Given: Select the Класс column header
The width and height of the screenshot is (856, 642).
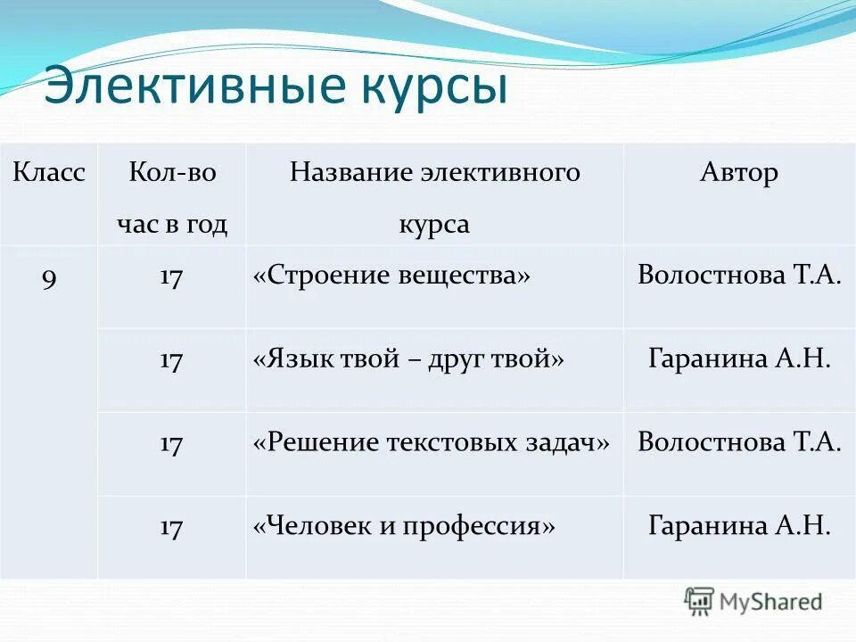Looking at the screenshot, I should [49, 172].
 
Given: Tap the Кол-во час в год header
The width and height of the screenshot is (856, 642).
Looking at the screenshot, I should [172, 198].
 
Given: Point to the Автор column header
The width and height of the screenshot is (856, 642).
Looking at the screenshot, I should [739, 172].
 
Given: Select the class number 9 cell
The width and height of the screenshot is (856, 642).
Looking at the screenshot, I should [49, 277].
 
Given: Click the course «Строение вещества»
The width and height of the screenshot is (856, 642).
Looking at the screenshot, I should [391, 276].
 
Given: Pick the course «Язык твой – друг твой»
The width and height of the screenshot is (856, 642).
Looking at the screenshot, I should [409, 360].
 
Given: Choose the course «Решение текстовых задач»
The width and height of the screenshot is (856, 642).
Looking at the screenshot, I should [432, 443].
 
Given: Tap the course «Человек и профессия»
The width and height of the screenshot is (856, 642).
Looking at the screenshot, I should [404, 526].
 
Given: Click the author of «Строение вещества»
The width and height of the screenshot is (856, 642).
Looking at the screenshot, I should [739, 276].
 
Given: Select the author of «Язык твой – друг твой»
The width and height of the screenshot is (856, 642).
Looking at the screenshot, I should [739, 360].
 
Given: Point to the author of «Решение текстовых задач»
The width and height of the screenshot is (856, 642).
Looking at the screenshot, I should [739, 443].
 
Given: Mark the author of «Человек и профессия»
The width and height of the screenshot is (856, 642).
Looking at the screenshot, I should [739, 526].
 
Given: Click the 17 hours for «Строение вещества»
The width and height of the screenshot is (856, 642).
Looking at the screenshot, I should [171, 277].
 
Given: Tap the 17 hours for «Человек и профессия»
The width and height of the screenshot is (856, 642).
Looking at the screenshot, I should [171, 527].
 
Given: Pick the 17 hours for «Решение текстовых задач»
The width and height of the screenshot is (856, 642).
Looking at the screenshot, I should [171, 444].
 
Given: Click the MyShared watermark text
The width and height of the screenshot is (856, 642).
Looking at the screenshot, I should [770, 602].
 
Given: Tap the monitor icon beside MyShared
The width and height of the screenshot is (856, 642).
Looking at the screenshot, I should [699, 601].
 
